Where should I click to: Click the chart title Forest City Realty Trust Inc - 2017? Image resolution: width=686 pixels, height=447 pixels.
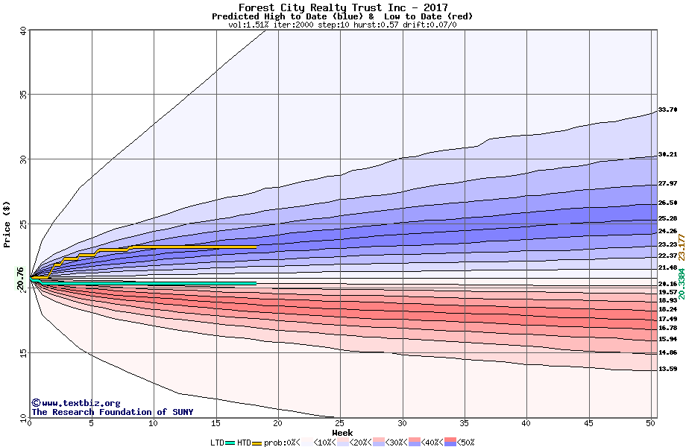coord(343,7)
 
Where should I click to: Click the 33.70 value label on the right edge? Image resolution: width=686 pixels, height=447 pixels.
coord(667,110)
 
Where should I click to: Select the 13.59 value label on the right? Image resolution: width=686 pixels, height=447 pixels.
coord(667,369)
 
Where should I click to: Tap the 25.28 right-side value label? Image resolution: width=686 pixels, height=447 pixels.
coord(667,218)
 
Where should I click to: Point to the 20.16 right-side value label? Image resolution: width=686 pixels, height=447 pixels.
coord(667,284)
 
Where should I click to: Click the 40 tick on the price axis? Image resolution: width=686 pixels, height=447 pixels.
coord(23,31)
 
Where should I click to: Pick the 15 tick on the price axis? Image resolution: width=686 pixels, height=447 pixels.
coord(23,353)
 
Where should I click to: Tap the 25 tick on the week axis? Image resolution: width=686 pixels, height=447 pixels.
coord(340,423)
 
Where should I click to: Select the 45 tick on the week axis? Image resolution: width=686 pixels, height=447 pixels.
coord(588,423)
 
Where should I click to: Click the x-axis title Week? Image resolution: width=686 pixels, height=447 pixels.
coord(342,433)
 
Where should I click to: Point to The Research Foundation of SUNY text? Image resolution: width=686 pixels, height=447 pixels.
coord(112,412)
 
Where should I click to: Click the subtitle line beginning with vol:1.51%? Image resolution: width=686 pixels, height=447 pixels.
coord(342,25)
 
